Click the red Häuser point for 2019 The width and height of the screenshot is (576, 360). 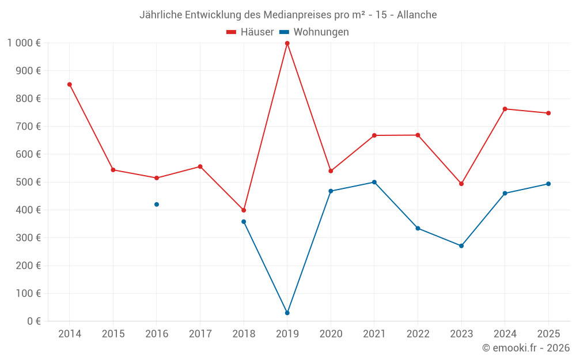[287, 43]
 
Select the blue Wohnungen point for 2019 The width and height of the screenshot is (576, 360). [287, 313]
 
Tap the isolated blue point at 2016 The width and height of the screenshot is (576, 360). [157, 204]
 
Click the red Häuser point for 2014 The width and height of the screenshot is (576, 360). [70, 85]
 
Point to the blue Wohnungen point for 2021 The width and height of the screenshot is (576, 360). [374, 182]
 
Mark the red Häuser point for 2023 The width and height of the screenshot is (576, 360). [461, 184]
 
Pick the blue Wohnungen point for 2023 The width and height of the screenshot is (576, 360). [461, 246]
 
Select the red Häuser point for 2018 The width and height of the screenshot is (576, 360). [244, 210]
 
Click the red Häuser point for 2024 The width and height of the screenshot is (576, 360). [505, 109]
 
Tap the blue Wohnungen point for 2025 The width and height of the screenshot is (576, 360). [548, 184]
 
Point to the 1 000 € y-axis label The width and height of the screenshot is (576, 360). [24, 43]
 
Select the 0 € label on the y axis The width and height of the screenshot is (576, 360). [34, 321]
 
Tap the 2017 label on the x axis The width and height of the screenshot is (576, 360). [200, 334]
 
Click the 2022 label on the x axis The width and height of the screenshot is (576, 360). [418, 334]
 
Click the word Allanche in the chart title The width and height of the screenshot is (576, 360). [416, 15]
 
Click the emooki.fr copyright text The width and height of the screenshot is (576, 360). [526, 348]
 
